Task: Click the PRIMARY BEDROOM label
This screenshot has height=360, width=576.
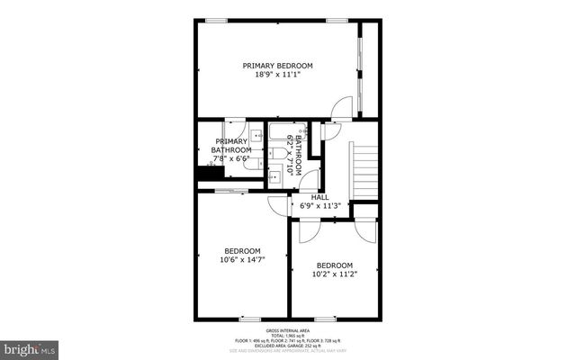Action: tap(277, 66)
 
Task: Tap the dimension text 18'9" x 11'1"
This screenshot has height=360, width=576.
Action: tap(277, 76)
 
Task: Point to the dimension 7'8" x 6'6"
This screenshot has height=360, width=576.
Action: tap(229, 158)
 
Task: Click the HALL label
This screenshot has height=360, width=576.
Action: tap(319, 196)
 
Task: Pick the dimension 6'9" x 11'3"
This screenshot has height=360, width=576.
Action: tap(319, 205)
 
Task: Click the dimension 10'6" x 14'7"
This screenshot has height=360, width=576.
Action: tap(242, 260)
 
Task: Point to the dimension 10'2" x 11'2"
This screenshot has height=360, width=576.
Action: tap(334, 275)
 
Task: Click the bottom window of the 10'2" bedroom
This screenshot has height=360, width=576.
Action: tap(324, 318)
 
